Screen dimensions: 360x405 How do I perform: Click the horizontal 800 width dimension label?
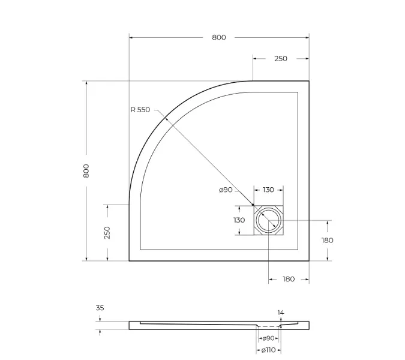pyautogui.click(x=219, y=37)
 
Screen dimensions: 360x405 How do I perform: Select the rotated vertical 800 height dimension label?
pyautogui.click(x=86, y=171)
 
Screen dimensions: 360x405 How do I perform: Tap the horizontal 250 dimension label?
pyautogui.click(x=280, y=59)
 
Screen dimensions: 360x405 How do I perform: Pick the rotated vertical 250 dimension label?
pyautogui.click(x=107, y=233)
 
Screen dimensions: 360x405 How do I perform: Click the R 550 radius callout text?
pyautogui.click(x=140, y=110)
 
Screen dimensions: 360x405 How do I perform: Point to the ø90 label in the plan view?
pyautogui.click(x=226, y=190)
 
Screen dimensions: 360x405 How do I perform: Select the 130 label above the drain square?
pyautogui.click(x=268, y=190)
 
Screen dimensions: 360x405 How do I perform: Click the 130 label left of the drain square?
pyautogui.click(x=239, y=220)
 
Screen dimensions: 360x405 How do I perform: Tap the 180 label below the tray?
pyautogui.click(x=289, y=279)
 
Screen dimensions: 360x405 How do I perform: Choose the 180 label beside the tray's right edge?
pyautogui.click(x=328, y=241)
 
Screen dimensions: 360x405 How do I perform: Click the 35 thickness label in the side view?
pyautogui.click(x=100, y=308)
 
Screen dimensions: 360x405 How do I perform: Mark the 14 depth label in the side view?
pyautogui.click(x=281, y=313)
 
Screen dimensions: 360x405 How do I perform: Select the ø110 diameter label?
pyautogui.click(x=268, y=349)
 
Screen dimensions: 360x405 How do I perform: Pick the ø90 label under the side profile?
pyautogui.click(x=268, y=338)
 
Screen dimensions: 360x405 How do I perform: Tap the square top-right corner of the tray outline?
pyautogui.click(x=308, y=81)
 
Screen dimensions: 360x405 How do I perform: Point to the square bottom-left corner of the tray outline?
pyautogui.click(x=130, y=260)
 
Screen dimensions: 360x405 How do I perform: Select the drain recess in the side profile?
pyautogui.click(x=268, y=326)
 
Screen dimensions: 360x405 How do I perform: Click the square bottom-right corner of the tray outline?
pyautogui.click(x=308, y=260)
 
